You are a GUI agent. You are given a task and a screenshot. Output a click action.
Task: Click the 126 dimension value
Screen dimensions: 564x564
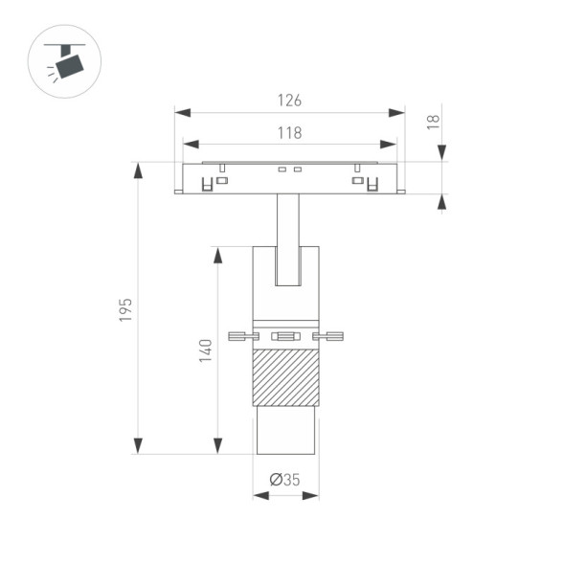coord(289,100)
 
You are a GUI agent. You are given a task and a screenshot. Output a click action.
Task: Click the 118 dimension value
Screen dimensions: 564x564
coord(289,133)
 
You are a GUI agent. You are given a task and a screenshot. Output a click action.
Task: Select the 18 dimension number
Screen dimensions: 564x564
coord(432,121)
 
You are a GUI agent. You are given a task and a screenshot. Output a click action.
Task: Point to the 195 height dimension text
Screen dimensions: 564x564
coord(125,309)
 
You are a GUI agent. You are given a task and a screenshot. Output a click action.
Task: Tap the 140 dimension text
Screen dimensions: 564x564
coord(204,350)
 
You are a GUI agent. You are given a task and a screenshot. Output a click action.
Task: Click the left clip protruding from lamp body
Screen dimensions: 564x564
coord(243,335)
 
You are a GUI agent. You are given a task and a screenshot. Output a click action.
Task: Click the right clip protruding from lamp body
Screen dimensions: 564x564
coord(327,335)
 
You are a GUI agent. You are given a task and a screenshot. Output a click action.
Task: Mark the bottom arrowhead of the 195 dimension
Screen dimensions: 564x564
coord(138,445)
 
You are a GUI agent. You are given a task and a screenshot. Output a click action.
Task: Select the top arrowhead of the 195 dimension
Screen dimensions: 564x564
coord(138,170)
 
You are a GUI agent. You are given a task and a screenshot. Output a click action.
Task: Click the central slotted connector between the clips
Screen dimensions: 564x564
coord(285,335)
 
